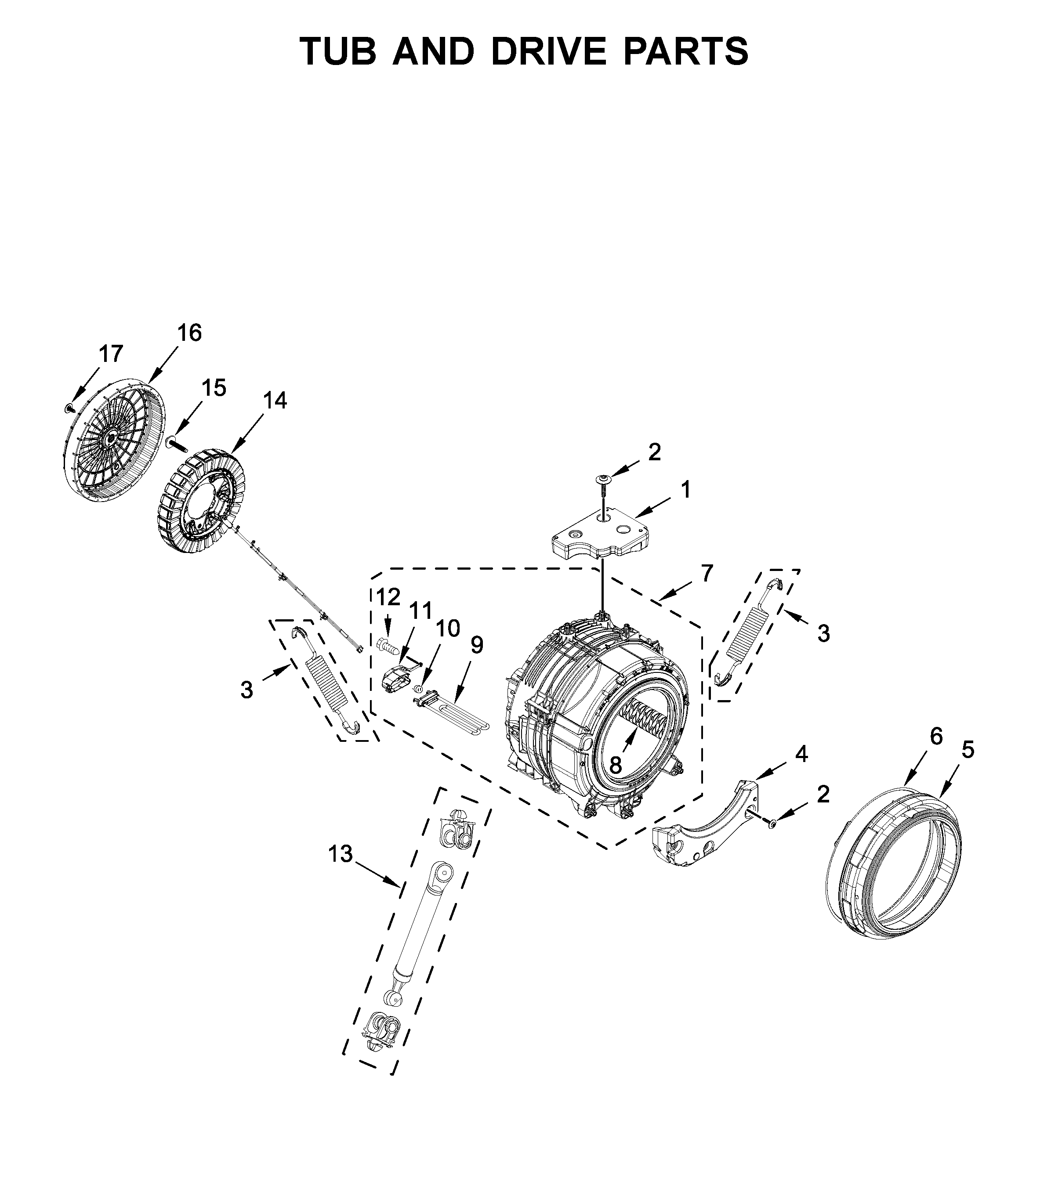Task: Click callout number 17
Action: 111,354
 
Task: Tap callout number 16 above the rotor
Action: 189,333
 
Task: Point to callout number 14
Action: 275,401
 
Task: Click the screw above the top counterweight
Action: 602,481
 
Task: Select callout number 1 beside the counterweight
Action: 685,490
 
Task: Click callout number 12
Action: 388,597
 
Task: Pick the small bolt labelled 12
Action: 388,647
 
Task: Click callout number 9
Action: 477,646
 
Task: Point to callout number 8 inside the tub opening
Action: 615,765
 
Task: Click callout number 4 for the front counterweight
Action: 801,754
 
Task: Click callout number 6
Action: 935,737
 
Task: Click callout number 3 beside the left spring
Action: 247,690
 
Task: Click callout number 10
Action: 448,629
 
